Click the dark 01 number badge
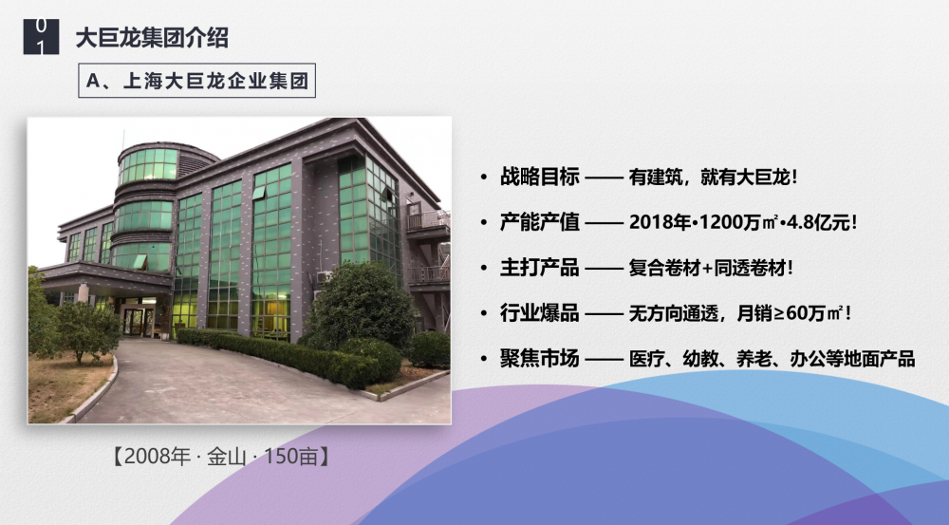pos(41,37)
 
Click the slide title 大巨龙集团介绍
pos(152,38)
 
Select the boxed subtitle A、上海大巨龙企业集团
pos(196,81)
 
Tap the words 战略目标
pos(539,177)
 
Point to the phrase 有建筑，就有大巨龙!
pos(713,177)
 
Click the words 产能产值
pos(539,222)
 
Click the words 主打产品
pos(539,268)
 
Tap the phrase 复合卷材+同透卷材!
pos(711,268)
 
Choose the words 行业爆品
pos(539,313)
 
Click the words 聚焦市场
pos(539,359)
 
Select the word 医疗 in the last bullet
pos(646,359)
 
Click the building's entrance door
pos(138,321)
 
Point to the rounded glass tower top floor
pos(149,163)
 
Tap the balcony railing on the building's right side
pos(428,220)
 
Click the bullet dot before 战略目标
pos(483,178)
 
